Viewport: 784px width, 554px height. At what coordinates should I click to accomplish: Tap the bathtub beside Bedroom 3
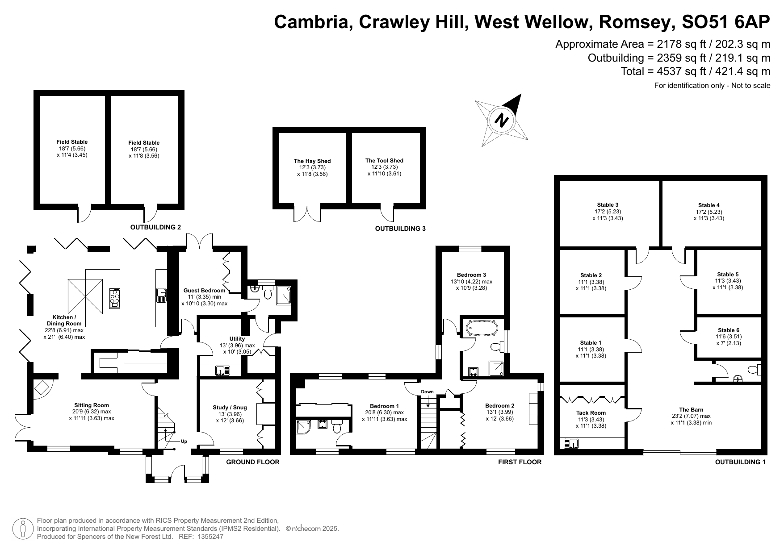coord(482,329)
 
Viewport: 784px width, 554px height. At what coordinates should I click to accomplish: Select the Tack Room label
coord(591,413)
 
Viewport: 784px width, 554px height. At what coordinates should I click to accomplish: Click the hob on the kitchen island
coord(115,298)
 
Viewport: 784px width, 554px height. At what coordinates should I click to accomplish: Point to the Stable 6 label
coord(729,330)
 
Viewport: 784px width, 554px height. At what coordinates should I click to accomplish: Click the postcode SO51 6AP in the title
coord(726,21)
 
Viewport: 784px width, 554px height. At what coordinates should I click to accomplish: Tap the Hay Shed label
coord(312,161)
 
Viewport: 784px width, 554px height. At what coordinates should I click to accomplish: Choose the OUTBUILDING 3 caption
coord(400,229)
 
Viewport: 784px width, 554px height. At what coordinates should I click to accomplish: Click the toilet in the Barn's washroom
coord(754,370)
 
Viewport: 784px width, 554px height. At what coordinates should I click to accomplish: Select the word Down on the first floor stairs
coord(427,392)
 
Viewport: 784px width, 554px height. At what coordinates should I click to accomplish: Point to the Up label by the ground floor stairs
coord(184,441)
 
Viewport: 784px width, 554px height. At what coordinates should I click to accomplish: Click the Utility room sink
coord(222,370)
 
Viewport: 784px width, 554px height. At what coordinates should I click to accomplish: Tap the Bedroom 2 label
coord(500,406)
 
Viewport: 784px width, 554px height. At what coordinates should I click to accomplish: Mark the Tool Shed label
coord(384,161)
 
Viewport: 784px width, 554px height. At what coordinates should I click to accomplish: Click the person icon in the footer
coord(23,529)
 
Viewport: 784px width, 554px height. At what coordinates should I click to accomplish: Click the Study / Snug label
coord(230,407)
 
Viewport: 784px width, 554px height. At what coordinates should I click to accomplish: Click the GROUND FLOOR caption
coord(253,462)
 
